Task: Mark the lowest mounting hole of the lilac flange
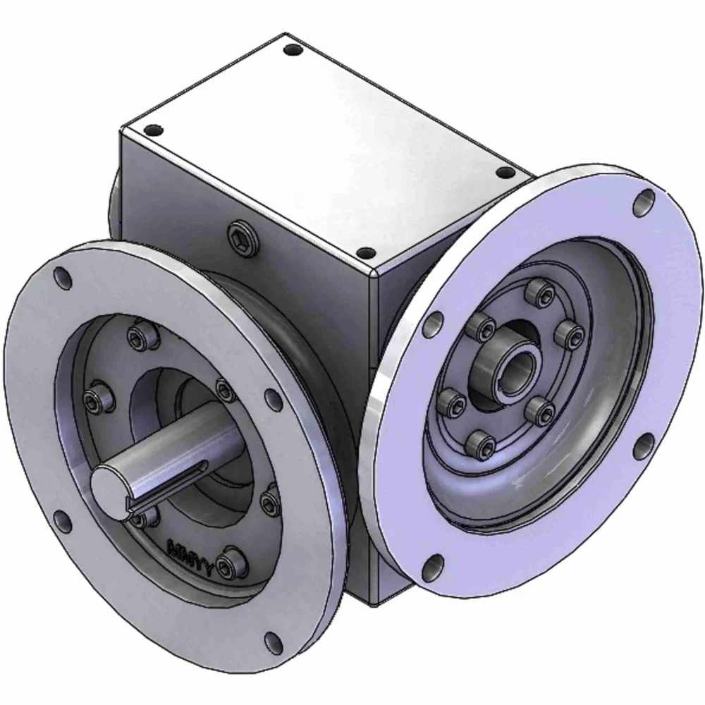click(434, 564)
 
